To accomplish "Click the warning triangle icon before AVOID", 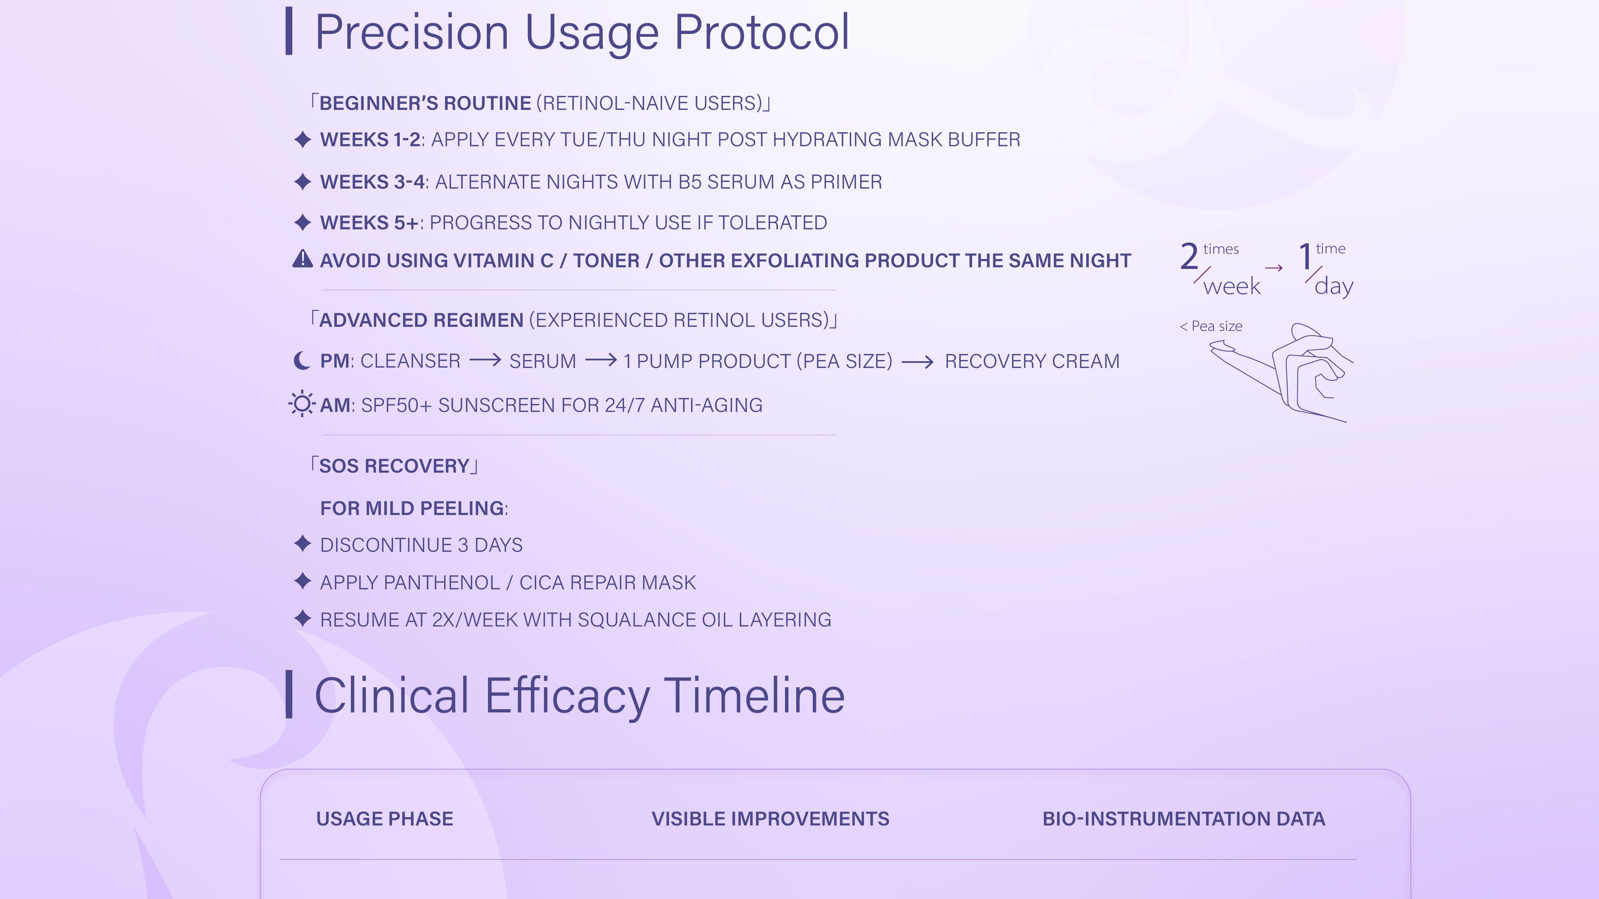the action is (302, 259).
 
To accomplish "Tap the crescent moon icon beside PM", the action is (302, 360).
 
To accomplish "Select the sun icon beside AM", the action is (302, 404).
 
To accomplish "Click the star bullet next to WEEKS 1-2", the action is (302, 139).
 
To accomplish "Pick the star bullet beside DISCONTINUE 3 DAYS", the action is (302, 544).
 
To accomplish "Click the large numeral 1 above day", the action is (1305, 256).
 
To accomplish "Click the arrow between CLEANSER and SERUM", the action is (485, 360).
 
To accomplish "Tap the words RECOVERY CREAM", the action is (1032, 361).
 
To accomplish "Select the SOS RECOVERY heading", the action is (394, 466).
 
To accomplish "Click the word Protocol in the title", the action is (762, 32).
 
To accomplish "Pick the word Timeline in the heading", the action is (754, 696).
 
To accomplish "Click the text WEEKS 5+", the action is (370, 223).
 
